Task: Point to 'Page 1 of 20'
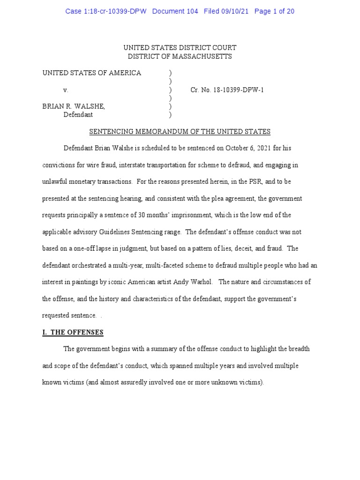pyautogui.click(x=274, y=11)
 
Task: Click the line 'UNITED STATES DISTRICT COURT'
pyautogui.click(x=180, y=48)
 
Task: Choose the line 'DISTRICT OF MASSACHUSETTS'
pyautogui.click(x=180, y=56)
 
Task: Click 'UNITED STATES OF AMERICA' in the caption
pyautogui.click(x=92, y=73)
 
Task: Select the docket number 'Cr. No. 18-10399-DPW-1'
pyautogui.click(x=227, y=90)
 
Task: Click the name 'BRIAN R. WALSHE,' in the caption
pyautogui.click(x=74, y=106)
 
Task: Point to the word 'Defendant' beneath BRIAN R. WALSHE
pyautogui.click(x=78, y=114)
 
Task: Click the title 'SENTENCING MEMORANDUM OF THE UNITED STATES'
pyautogui.click(x=180, y=132)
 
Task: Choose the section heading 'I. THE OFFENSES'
pyautogui.click(x=73, y=332)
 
